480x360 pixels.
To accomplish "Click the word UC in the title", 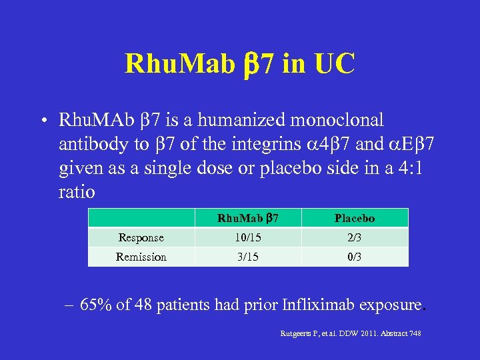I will pos(331,64).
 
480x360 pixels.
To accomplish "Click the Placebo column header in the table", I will pos(355,218).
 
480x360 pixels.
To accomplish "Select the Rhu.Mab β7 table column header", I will pos(247,218).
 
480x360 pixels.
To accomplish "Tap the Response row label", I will pos(141,237).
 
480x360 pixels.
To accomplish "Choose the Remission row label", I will pos(141,257).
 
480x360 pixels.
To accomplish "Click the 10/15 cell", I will pos(247,237).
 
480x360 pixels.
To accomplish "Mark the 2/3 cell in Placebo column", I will pos(355,237).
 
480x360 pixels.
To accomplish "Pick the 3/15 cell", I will pos(247,257).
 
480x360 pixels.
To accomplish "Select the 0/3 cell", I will pos(355,257).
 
